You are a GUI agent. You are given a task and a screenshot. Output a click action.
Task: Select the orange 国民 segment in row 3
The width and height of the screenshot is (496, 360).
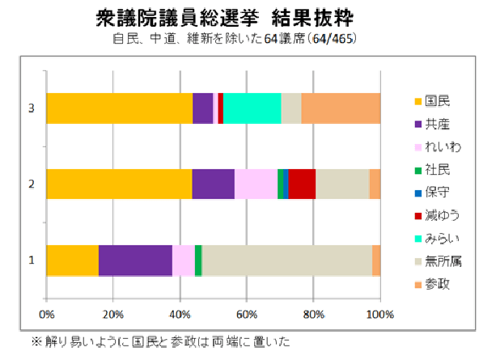coord(119,108)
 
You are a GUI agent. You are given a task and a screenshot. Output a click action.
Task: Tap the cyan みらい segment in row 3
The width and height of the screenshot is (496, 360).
coord(252,108)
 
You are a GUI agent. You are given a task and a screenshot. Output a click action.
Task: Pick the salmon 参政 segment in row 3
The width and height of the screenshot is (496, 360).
coord(341,108)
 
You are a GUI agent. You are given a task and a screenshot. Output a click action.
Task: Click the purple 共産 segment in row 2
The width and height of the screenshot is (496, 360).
coord(213,184)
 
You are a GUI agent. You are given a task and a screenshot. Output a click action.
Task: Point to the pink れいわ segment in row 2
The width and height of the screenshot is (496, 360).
coord(256,184)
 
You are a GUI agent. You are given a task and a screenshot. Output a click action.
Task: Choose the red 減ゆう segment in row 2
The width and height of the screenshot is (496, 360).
coord(302,184)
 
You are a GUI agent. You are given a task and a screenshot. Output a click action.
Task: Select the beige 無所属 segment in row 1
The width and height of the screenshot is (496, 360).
coord(287,260)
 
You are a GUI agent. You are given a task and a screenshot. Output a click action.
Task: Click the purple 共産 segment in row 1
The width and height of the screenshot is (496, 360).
coord(135,260)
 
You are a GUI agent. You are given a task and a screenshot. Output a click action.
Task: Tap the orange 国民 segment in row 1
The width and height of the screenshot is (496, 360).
coord(72,260)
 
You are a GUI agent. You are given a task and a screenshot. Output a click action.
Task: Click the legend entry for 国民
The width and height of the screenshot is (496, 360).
coord(437,102)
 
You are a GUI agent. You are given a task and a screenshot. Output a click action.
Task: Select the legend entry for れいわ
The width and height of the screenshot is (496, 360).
coord(441,147)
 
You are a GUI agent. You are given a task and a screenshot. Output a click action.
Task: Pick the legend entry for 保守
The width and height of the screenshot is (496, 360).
coord(437,193)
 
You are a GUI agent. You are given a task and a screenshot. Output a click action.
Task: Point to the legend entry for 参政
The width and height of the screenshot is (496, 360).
coord(437,283)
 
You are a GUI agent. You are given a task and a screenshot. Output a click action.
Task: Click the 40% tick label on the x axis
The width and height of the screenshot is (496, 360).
coord(180,314)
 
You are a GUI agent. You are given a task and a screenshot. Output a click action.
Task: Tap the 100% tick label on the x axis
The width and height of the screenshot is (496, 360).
coord(379,314)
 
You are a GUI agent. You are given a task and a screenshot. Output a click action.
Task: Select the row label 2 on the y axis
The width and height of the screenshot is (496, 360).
coord(31,184)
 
